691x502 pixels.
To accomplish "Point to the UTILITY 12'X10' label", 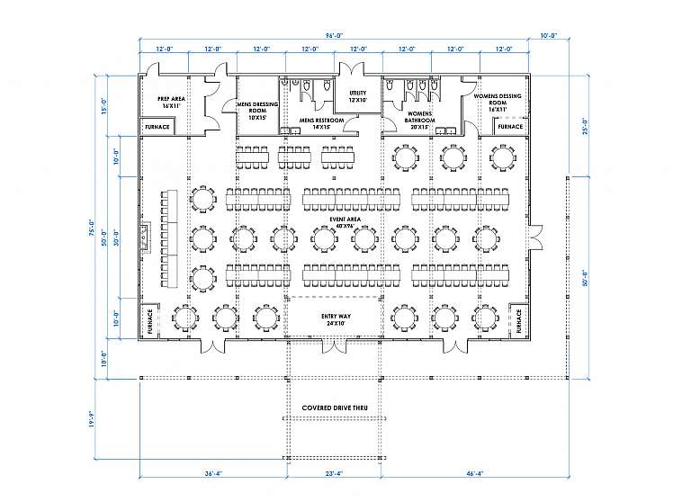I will click(x=357, y=95).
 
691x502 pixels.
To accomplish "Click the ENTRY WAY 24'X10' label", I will click(x=334, y=320).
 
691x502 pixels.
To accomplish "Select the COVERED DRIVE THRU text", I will click(x=334, y=419).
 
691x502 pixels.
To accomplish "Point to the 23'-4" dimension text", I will click(x=334, y=473).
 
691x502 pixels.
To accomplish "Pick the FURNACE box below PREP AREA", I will click(x=157, y=128).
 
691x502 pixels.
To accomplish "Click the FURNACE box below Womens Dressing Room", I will click(x=509, y=128).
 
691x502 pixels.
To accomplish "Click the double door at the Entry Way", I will click(x=334, y=345).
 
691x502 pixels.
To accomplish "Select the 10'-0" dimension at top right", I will click(x=549, y=35).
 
